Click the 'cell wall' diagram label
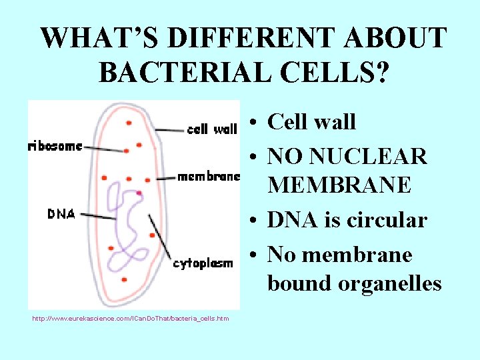click(212, 129)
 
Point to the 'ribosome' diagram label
click(55, 146)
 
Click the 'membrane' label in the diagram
click(208, 177)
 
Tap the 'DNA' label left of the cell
click(61, 213)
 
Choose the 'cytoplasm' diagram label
click(203, 264)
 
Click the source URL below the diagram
click(130, 319)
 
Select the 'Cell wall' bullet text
click(311, 122)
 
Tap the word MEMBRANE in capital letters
click(339, 185)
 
